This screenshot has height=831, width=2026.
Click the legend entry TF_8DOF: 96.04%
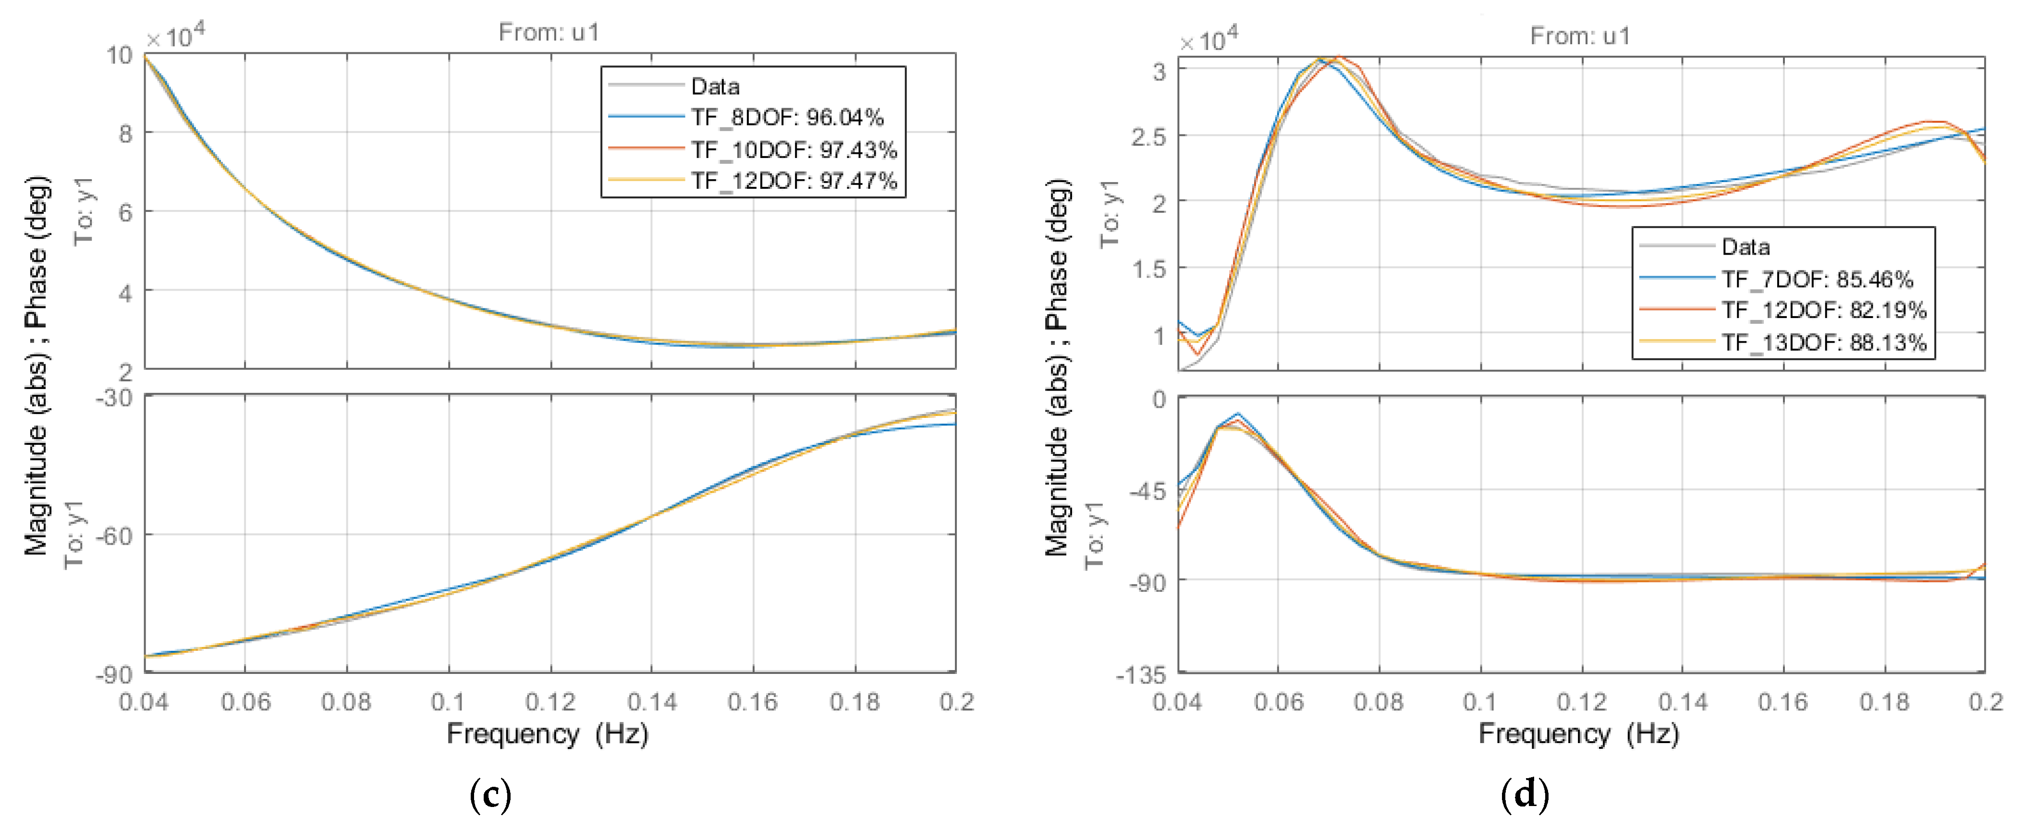(786, 118)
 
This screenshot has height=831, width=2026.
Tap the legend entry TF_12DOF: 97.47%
(793, 181)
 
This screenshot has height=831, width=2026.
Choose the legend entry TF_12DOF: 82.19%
(1824, 310)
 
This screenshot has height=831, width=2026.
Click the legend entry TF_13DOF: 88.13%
(1824, 343)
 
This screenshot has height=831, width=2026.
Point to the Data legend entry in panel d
(1745, 247)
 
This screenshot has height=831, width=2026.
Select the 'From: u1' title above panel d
(1580, 36)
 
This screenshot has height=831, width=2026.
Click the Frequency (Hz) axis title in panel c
(548, 733)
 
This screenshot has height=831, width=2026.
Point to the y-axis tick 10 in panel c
(120, 55)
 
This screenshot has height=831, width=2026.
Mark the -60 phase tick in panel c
(114, 536)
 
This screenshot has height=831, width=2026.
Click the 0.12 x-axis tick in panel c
(550, 701)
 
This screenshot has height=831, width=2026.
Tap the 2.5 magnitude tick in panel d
(1148, 137)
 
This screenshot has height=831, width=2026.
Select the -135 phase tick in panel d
(1140, 674)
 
